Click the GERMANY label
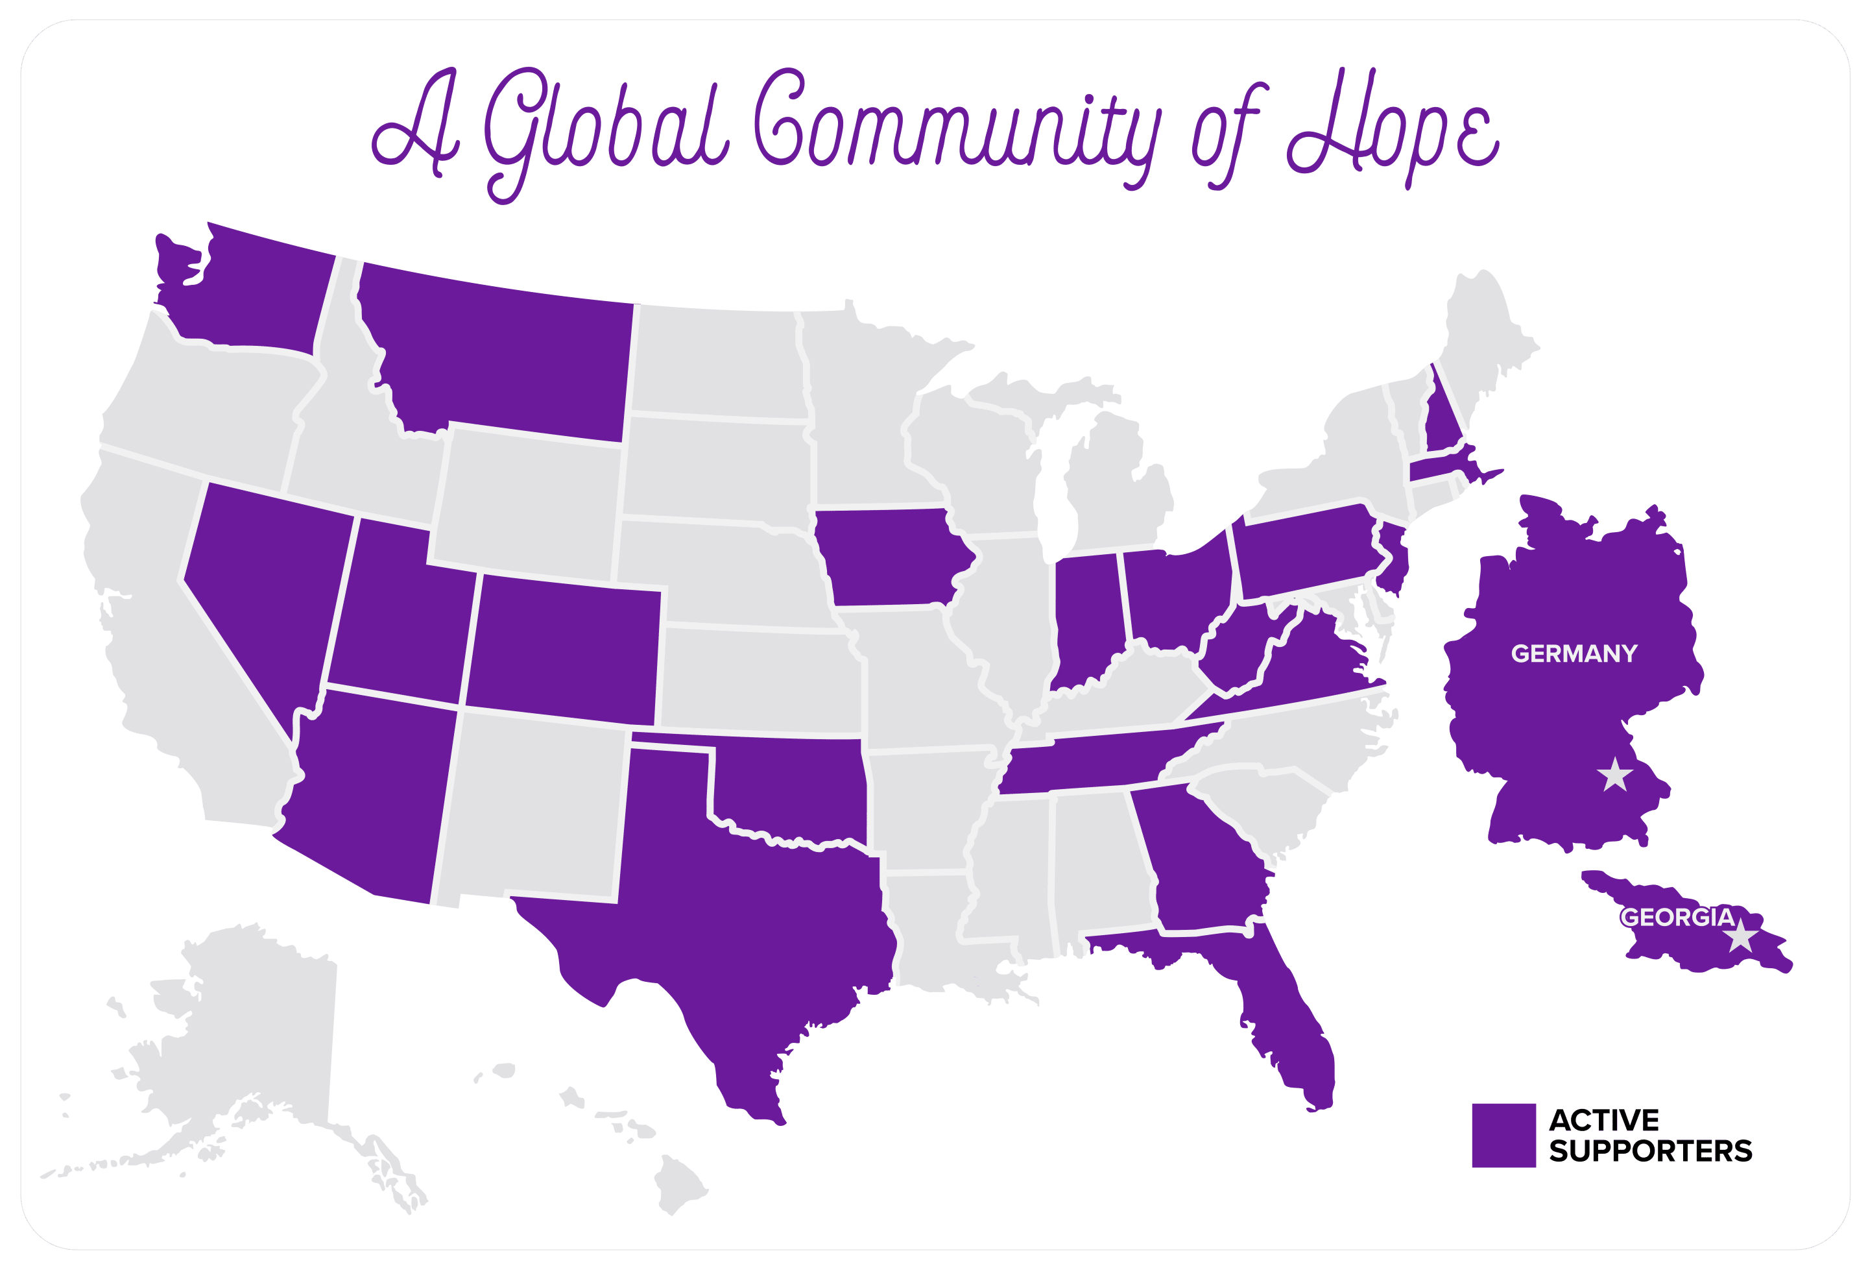(x=1573, y=653)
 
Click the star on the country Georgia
(x=1740, y=936)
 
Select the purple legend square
(x=1503, y=1134)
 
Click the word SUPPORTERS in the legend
(x=1650, y=1151)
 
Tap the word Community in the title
(x=957, y=128)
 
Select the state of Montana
(x=507, y=354)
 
